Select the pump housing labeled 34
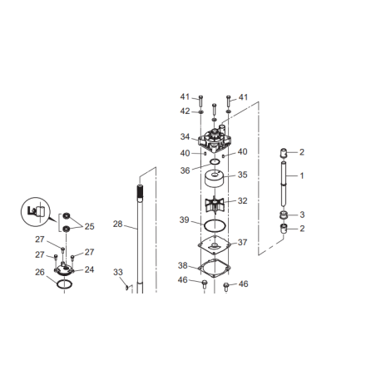[x=215, y=139]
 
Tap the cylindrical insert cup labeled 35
[x=215, y=179]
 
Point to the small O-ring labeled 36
[x=215, y=162]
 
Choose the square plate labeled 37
[x=215, y=244]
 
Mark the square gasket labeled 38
[x=215, y=269]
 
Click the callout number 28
[x=117, y=224]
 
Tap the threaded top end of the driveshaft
[x=141, y=191]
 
